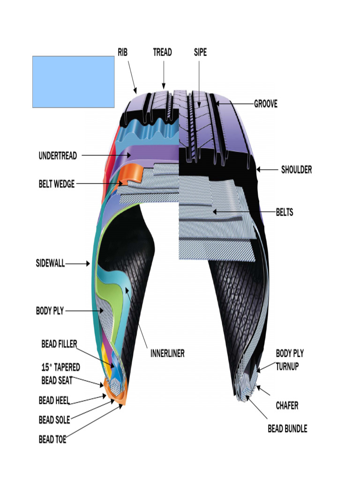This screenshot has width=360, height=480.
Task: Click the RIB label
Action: pos(122,52)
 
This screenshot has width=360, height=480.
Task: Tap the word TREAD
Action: pos(162,52)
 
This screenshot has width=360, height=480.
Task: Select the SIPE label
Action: pos(200,52)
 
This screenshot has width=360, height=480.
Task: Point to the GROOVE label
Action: pos(266,104)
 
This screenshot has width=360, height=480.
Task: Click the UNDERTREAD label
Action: pos(58,156)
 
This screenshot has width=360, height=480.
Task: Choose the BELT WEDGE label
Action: pos(57,184)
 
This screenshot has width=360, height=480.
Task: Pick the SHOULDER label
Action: pos(296,169)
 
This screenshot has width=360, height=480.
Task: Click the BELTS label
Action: pos(285,212)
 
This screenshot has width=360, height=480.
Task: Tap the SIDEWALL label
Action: pos(50,263)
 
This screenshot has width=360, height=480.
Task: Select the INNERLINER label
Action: pos(167,353)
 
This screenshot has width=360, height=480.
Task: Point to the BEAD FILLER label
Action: pos(59,344)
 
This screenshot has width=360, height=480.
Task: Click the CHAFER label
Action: pos(287,405)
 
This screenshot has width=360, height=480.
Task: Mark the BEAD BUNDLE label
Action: pos(287,428)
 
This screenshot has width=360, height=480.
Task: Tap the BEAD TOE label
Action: pos(52,439)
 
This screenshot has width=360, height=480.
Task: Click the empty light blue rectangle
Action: pos(74,82)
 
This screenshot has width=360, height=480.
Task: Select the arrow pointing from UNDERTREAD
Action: pos(106,155)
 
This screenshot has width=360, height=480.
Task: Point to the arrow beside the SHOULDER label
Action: pos(267,169)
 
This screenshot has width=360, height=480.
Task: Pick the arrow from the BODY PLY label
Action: pos(84,311)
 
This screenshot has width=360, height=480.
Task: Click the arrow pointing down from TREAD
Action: pos(164,75)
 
